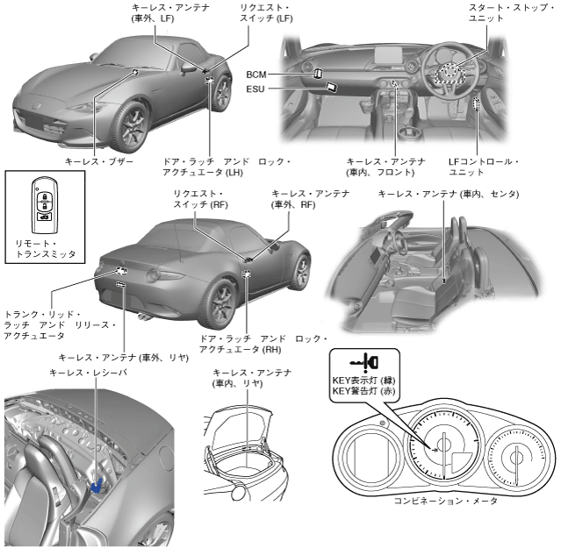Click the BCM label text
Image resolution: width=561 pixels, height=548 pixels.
(256, 75)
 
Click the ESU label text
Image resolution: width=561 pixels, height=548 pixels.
(256, 89)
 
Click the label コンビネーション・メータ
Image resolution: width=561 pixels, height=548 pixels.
(445, 500)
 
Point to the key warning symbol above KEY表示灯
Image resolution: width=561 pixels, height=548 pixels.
(364, 361)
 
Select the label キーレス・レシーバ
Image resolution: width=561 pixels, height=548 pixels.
(88, 373)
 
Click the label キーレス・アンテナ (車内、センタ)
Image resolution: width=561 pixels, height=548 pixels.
(448, 192)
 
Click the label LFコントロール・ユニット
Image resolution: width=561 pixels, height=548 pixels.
(483, 167)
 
